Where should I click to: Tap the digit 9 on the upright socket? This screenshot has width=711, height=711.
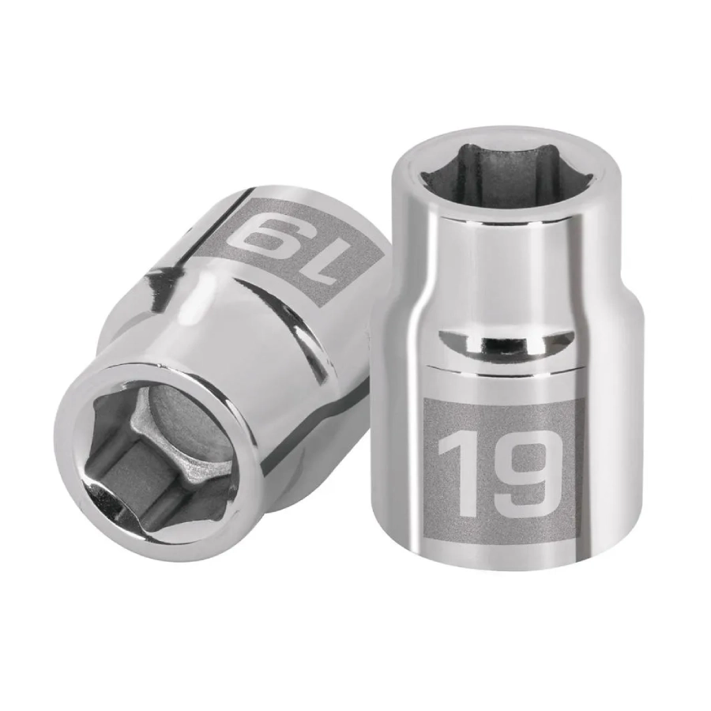tap(521, 476)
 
